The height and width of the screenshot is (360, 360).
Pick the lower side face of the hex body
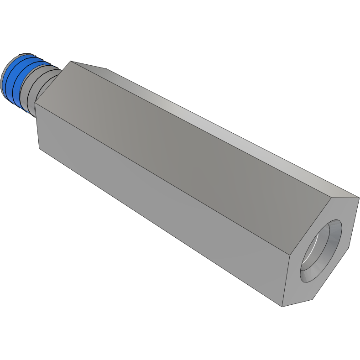pyautogui.click(x=160, y=205)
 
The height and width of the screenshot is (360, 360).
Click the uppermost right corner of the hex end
pyautogui.click(x=359, y=198)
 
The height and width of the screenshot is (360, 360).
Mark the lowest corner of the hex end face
pyautogui.click(x=282, y=306)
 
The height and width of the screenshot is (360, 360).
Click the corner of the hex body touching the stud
pyautogui.click(x=35, y=103)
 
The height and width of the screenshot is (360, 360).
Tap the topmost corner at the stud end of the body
pyautogui.click(x=70, y=61)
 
